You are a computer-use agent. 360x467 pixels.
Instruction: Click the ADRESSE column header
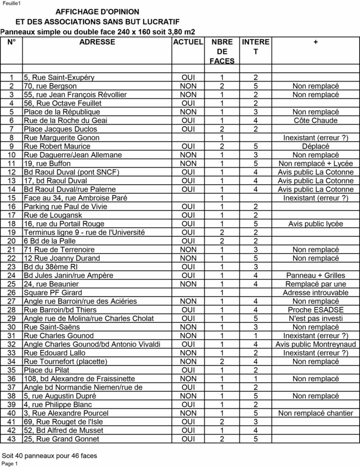click(97, 42)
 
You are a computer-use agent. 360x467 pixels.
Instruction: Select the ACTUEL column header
click(188, 42)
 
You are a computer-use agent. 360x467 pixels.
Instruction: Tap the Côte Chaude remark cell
click(315, 120)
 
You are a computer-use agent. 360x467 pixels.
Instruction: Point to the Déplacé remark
click(315, 146)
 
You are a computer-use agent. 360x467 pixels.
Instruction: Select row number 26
click(12, 292)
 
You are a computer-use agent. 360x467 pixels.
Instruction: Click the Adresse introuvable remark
click(315, 292)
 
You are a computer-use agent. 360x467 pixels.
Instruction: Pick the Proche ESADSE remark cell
click(315, 310)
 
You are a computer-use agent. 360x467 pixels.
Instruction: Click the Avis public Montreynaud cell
click(315, 344)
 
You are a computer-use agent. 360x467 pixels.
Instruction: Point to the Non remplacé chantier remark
click(315, 413)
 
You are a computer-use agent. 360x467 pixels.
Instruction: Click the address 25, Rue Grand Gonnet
click(61, 439)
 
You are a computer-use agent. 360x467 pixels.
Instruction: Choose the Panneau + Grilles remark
click(315, 275)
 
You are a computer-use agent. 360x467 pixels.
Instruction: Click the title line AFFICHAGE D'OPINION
click(98, 12)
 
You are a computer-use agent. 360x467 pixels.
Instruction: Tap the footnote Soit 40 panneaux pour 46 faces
click(49, 455)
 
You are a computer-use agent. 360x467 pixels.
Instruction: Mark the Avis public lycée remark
click(315, 224)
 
